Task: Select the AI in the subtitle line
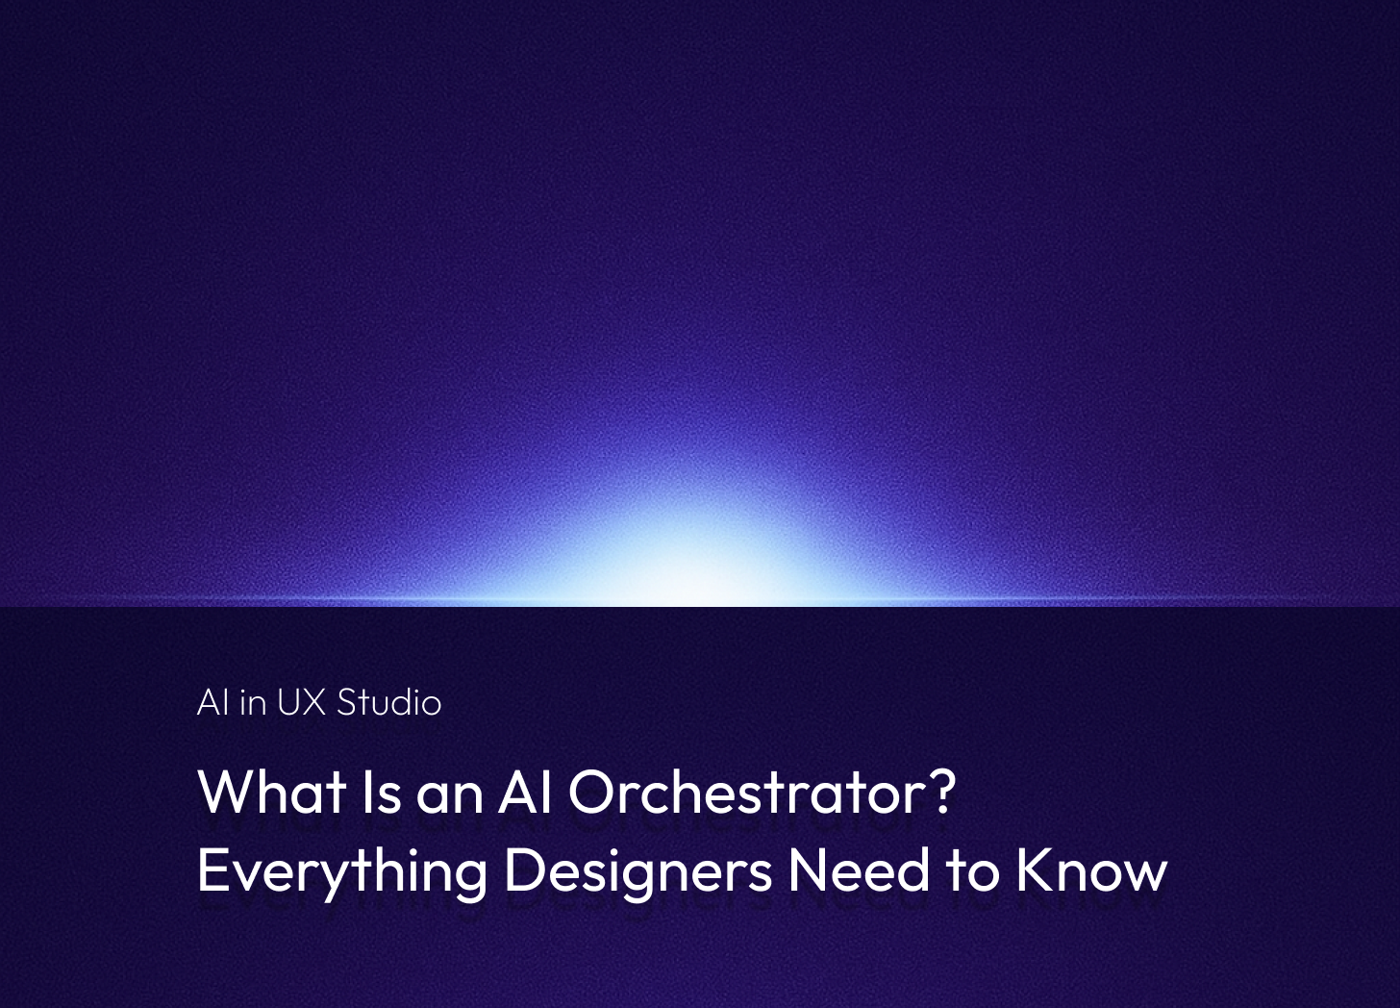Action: (212, 702)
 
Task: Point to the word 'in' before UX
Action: (253, 702)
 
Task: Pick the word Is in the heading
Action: (381, 792)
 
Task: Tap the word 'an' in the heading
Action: (450, 798)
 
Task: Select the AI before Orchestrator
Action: (524, 792)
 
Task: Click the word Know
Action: (1091, 869)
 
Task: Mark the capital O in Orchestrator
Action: (592, 792)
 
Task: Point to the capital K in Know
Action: (1033, 869)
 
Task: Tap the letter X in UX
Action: (314, 702)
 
